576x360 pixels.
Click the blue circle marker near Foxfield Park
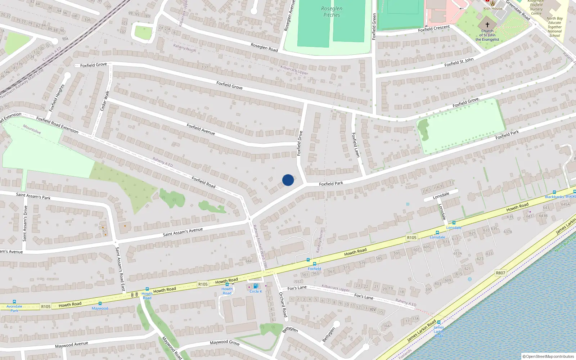[288, 180]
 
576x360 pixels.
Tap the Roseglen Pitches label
[332, 12]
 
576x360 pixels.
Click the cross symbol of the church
[487, 25]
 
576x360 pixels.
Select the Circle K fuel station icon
[256, 286]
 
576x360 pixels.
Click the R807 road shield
[500, 273]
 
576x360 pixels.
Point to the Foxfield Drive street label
[299, 143]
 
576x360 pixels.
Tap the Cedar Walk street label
[105, 101]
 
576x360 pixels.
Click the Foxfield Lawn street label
[356, 145]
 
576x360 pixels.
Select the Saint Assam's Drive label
[25, 224]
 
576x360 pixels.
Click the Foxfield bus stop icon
[315, 264]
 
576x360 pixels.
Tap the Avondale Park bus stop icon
[14, 302]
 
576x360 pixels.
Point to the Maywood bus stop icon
[100, 303]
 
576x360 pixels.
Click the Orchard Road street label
[283, 305]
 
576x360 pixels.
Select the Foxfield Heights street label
[57, 98]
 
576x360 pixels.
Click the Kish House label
[493, 9]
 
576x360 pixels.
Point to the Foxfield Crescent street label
[434, 28]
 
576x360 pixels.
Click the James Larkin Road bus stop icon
[439, 323]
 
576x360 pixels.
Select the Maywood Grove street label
[225, 342]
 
